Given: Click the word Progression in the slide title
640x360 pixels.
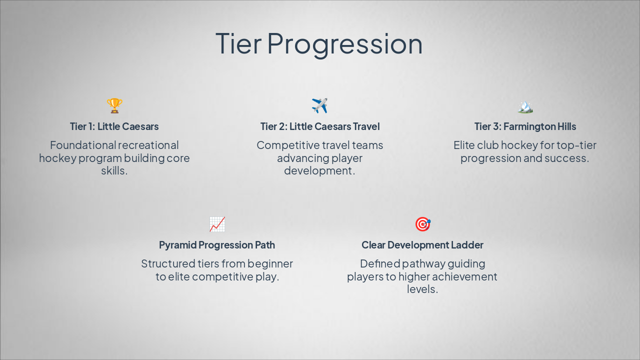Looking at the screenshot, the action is (344, 44).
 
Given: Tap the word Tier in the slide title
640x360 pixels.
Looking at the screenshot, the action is (238, 43).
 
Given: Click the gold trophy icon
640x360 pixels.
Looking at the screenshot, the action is (114, 105).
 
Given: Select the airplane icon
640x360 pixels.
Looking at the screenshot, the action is (319, 105).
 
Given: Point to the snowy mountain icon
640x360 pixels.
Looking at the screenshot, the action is (525, 106).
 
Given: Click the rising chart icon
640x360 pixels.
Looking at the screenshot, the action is (217, 224).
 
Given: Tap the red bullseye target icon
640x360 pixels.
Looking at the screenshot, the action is (423, 224).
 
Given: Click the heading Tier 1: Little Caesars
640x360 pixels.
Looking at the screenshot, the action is (114, 126).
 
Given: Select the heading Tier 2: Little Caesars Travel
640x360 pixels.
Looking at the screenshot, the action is (320, 126).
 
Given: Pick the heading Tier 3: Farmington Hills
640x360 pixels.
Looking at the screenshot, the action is (525, 126).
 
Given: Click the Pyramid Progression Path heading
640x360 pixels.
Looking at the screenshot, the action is (217, 245).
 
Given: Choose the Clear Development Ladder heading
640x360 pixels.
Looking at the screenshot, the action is (422, 245).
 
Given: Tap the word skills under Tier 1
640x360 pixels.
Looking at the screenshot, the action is (114, 170).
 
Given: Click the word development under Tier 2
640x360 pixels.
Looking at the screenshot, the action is (319, 171).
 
